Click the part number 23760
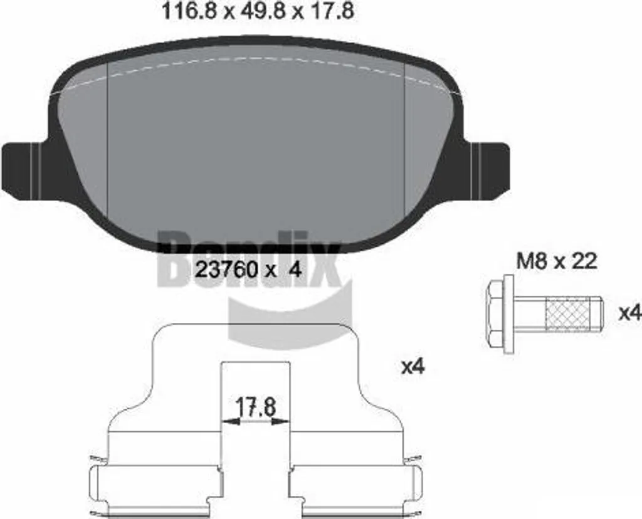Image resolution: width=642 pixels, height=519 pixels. point(226,270)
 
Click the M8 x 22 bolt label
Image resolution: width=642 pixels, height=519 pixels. point(557,261)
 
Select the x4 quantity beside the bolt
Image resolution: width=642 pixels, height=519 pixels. point(629,313)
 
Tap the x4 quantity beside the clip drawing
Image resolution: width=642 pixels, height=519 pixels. point(413,367)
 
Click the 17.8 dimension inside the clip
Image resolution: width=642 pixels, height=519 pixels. point(256,407)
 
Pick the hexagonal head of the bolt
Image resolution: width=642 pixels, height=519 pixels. point(495,315)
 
